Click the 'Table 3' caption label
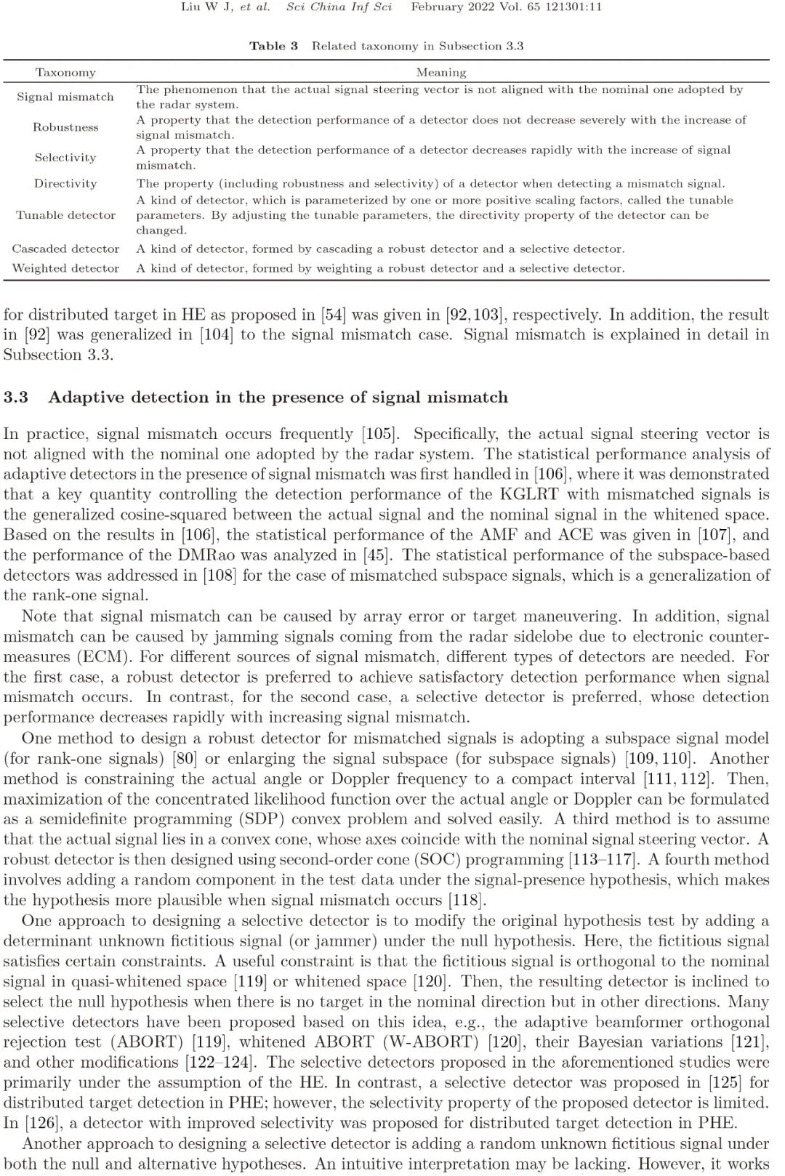pos(273,46)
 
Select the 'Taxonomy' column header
pos(65,72)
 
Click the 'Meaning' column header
pos(440,72)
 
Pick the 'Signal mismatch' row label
pos(65,97)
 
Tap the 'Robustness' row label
pos(65,127)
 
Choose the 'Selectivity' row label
pos(65,157)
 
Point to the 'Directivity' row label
pos(65,183)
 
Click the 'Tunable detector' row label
pos(65,215)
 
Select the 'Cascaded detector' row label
pos(65,249)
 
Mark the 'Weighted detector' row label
pos(65,268)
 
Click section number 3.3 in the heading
pos(15,398)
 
